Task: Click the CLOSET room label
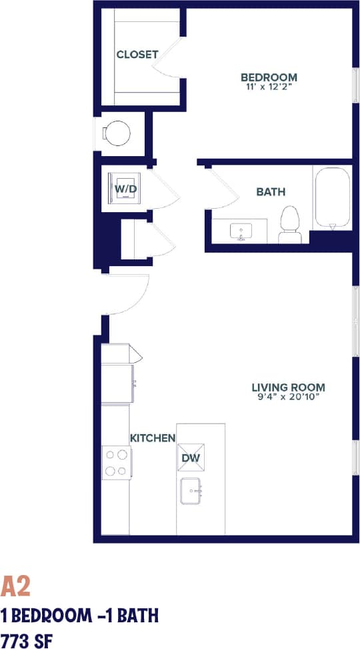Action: pos(137,55)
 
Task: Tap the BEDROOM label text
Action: pos(269,77)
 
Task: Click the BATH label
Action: pos(271,192)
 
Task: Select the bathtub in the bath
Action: pos(332,198)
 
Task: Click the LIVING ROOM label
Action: pos(288,387)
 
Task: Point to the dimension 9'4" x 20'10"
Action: pos(288,398)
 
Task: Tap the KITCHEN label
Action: pos(152,438)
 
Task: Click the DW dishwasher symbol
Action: pos(191,458)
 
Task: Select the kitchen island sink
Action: pos(191,492)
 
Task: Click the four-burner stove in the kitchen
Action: pos(116,462)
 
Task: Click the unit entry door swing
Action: pos(129,293)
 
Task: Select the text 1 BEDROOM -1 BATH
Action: pos(79,614)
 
